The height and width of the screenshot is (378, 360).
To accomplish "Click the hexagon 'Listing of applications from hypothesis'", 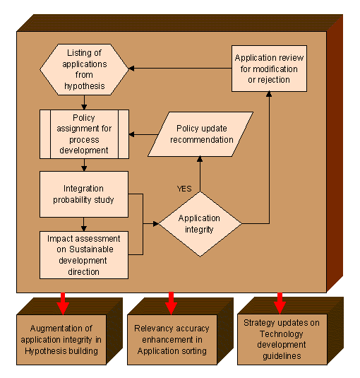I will [85, 70].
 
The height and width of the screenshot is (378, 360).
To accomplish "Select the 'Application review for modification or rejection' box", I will [270, 69].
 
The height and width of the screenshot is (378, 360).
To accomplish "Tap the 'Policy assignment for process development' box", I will [84, 133].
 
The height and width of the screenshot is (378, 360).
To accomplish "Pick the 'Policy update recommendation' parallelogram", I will [205, 134].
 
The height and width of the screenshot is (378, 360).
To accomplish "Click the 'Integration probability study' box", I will [84, 194].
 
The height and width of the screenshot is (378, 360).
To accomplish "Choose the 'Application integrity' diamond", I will [200, 224].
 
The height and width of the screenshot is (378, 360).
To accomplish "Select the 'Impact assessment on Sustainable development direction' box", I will [84, 254].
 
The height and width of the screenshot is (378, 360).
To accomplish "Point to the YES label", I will [185, 188].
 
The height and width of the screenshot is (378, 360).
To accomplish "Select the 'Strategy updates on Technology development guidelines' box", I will [282, 340].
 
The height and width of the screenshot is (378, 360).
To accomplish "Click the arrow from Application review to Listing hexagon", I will [180, 69].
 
